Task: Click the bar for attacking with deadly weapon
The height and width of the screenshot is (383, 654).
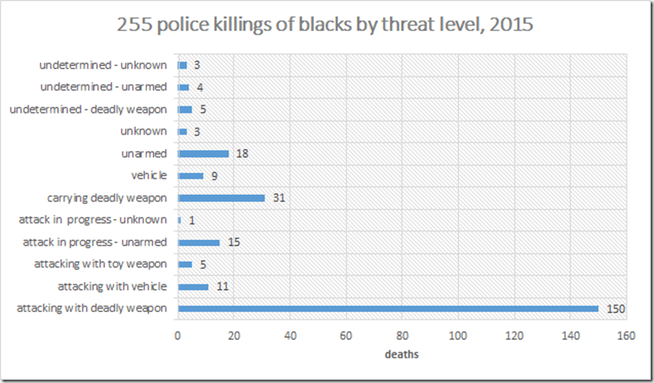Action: point(387,308)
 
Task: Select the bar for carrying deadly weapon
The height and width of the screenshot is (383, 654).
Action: point(221,197)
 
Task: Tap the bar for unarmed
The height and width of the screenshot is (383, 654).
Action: point(204,154)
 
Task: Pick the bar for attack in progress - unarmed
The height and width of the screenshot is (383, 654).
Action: point(199,242)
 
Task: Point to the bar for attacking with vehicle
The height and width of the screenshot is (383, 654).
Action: point(193,286)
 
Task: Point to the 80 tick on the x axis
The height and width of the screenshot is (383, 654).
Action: point(402,335)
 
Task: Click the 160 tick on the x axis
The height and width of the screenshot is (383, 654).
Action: point(626,335)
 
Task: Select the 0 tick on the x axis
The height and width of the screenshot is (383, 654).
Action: point(178,335)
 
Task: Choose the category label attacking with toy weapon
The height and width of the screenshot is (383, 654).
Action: point(101,264)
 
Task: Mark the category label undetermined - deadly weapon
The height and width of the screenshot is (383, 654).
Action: point(88,109)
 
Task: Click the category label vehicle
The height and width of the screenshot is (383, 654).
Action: point(149,176)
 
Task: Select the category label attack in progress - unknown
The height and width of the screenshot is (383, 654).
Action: point(93,220)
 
